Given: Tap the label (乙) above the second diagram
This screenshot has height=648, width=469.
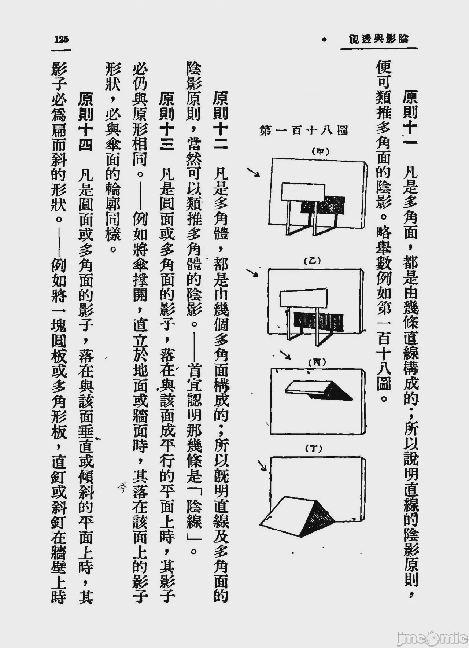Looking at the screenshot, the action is [x=313, y=261].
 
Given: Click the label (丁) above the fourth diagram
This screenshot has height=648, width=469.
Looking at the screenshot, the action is [x=313, y=448].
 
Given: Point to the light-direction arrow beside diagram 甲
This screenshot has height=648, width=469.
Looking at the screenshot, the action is [x=254, y=173].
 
